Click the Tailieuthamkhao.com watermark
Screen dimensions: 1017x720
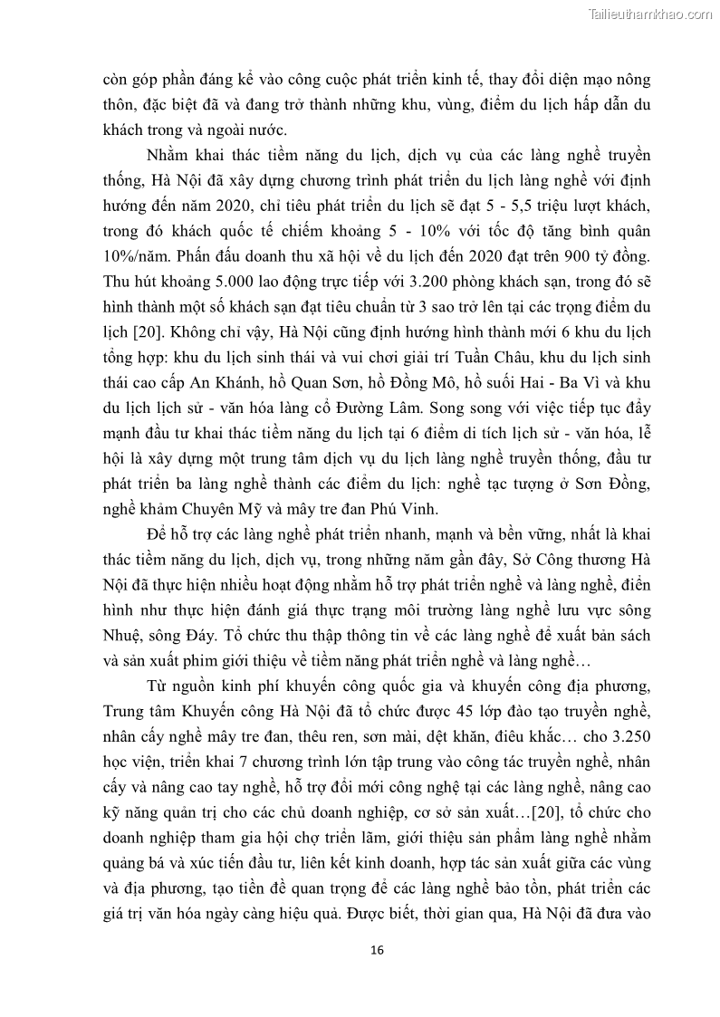tap(650, 14)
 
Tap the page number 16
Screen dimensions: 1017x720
tap(378, 950)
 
